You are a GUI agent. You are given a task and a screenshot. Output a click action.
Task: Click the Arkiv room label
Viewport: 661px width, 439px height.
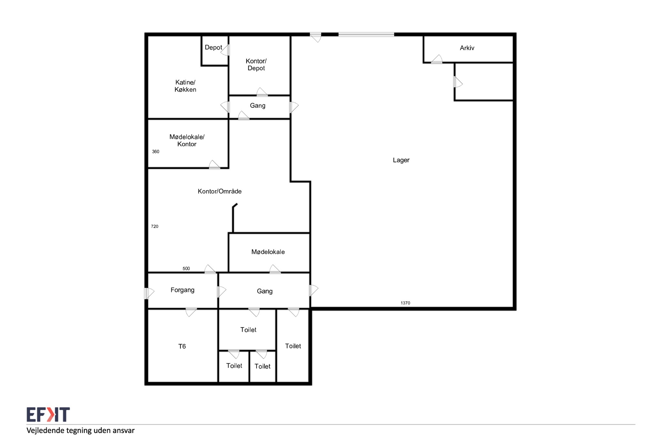tap(467, 48)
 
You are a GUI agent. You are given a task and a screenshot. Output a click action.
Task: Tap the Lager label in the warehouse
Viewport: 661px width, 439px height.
tap(401, 160)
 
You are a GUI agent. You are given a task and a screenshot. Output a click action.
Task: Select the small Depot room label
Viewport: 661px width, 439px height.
tap(213, 47)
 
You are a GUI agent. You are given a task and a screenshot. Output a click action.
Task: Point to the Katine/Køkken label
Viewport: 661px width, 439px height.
tap(185, 86)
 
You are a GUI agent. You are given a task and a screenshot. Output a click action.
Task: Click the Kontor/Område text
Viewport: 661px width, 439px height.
tap(219, 191)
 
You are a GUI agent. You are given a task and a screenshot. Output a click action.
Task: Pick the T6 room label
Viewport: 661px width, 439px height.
tap(182, 346)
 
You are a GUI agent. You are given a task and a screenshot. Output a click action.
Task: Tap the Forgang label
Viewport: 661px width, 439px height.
tap(182, 290)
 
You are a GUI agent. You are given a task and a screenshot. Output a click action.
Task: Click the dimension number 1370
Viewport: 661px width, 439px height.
tap(405, 303)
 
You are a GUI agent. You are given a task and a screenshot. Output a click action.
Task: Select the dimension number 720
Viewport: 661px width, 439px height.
tap(155, 226)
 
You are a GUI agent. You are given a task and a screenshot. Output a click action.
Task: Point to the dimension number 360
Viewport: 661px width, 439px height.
tap(156, 151)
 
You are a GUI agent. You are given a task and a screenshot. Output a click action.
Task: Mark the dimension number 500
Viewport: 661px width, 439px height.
tap(186, 268)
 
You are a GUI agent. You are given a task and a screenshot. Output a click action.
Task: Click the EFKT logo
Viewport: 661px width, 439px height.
tap(48, 414)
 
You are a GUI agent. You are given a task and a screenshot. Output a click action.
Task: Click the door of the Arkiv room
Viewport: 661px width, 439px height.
tap(436, 59)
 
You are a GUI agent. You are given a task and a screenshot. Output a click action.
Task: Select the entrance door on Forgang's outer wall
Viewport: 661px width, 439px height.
tap(149, 293)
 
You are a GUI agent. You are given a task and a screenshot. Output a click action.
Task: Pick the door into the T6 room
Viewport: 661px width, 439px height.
tap(191, 312)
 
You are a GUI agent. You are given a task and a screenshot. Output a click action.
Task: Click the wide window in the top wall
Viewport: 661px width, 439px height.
tap(366, 34)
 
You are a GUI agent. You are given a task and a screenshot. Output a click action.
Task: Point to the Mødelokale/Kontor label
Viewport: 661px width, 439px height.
tap(187, 140)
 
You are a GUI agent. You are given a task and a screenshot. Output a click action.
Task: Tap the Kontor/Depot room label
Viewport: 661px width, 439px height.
tap(256, 65)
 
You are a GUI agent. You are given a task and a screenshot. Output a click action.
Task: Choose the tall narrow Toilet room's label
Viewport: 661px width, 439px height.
tap(293, 346)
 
